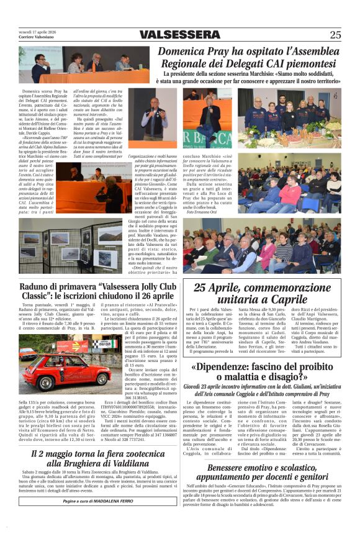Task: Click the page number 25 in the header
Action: click(335, 35)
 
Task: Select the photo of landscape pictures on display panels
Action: click(74, 249)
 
